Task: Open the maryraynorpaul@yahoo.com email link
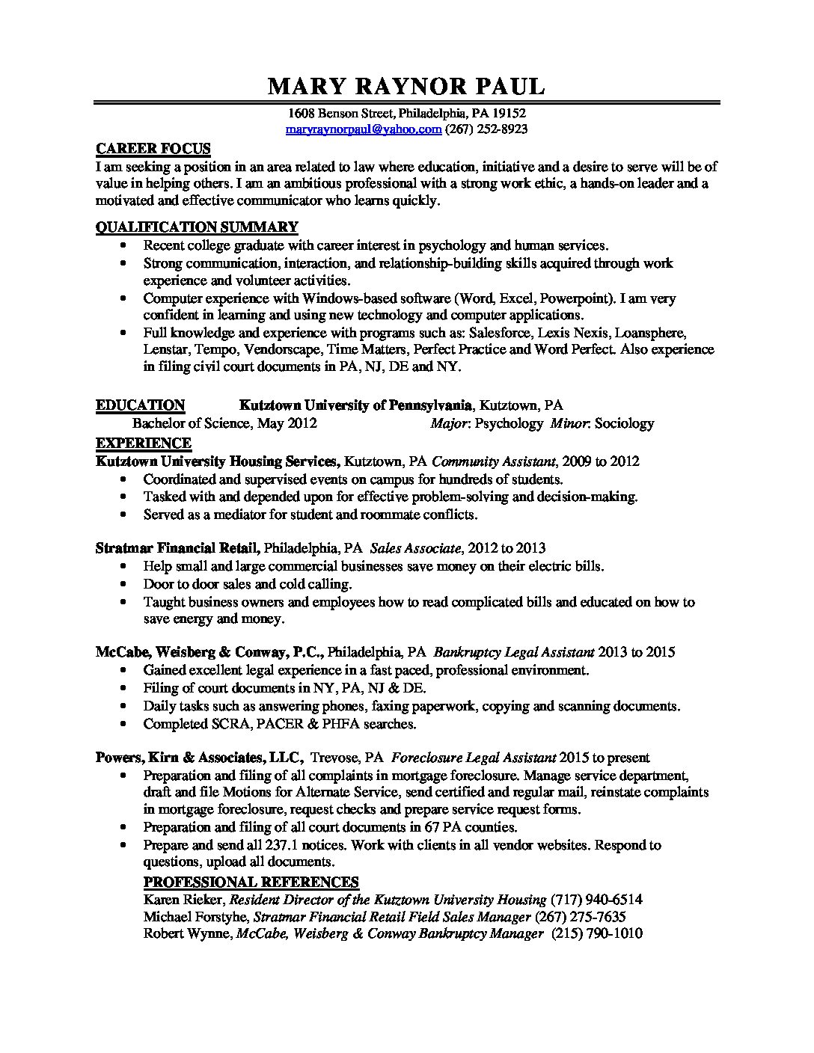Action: pos(364,129)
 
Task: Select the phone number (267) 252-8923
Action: pos(486,129)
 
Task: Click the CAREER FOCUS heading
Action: pos(153,148)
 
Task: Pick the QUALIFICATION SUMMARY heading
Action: pos(197,227)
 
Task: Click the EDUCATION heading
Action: pos(140,405)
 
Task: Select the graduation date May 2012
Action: pos(287,423)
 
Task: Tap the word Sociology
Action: pos(624,423)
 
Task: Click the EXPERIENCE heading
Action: pos(144,443)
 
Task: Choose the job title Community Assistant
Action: pos(494,461)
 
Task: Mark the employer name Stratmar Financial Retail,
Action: pos(178,547)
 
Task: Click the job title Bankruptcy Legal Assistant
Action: pos(514,651)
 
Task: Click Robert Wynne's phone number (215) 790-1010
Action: pos(597,933)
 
